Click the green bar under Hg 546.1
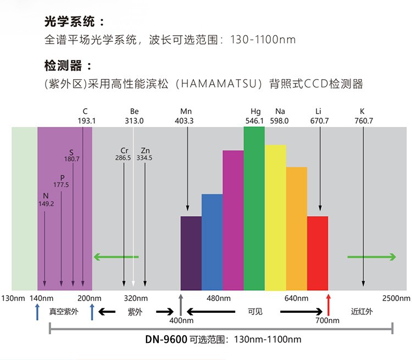tap(254, 208)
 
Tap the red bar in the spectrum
tap(317, 253)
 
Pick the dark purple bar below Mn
tap(191, 253)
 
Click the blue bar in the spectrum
tap(212, 242)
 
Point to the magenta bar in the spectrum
tap(233, 220)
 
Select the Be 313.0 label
tap(135, 116)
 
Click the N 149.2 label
tap(45, 200)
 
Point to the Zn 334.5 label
tap(144, 154)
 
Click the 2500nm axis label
tap(396, 298)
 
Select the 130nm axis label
tap(13, 298)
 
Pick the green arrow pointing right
tap(371, 257)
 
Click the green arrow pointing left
tap(115, 257)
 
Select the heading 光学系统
tap(74, 22)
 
